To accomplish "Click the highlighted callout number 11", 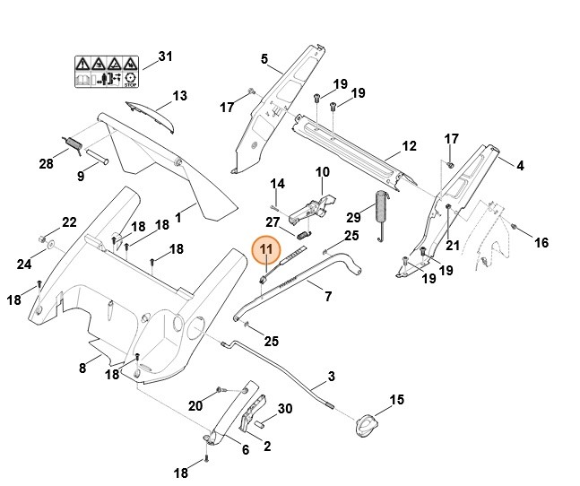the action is point(266,249).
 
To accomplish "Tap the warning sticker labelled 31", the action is point(107,72).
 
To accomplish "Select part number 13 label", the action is point(180,96).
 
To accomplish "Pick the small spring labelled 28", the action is point(72,144).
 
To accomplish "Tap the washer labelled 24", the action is point(50,245).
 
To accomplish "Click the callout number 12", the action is point(409,146).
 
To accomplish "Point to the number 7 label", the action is point(328,297).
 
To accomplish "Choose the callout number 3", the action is point(331,377).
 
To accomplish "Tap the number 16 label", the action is point(541,243).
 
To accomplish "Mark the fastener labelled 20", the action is point(219,390).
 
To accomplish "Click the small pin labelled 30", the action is point(260,422).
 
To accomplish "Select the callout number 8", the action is point(82,368).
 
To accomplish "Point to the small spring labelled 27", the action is point(304,234).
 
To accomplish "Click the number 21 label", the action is point(453,245).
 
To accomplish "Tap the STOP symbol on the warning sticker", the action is point(130,80).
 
